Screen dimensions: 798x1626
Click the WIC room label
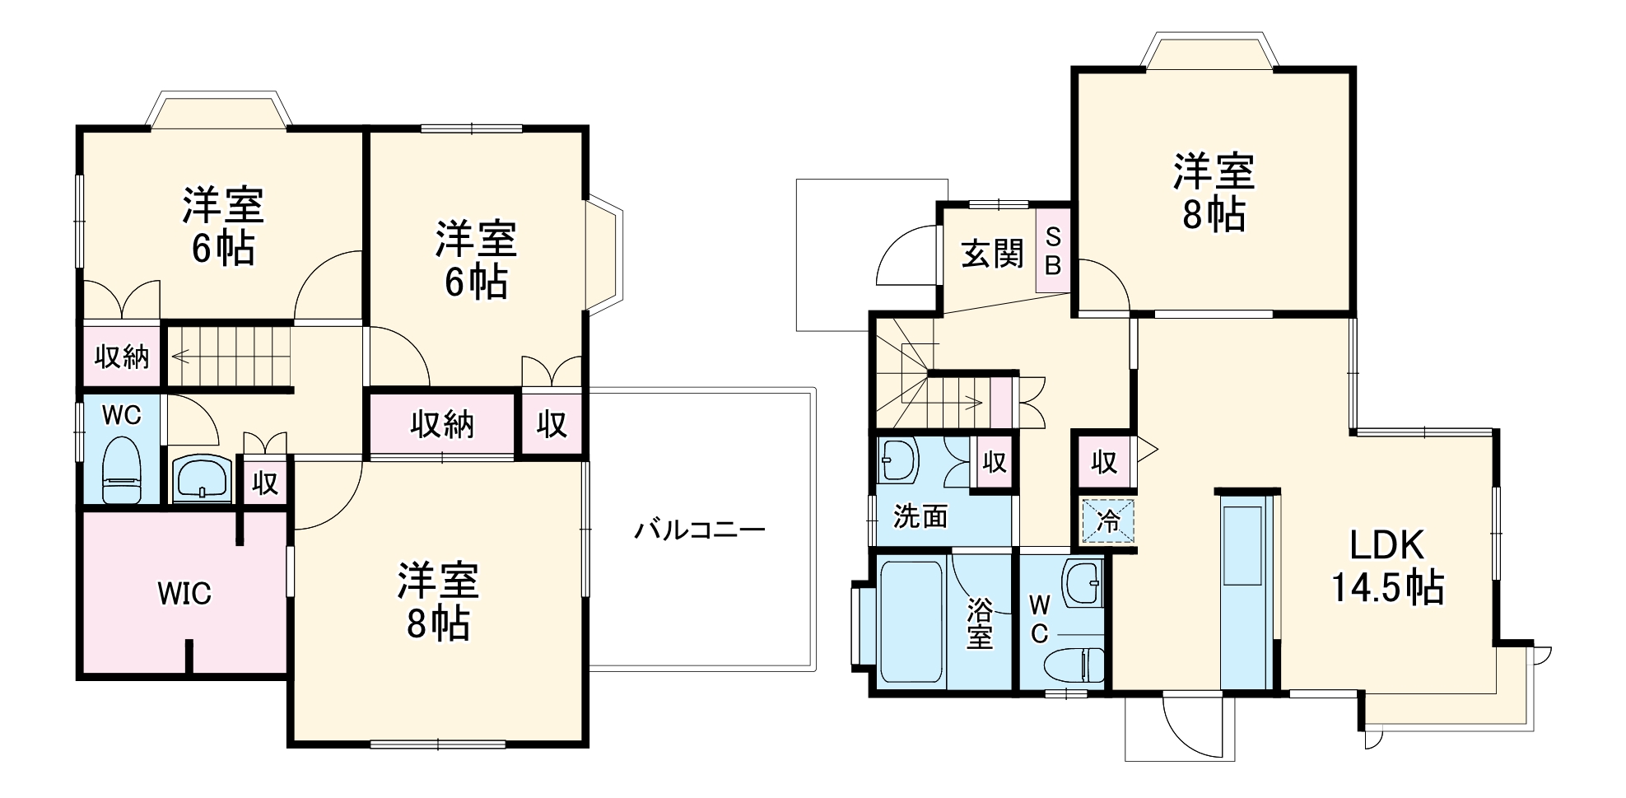[184, 593]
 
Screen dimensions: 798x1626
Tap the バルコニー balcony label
[699, 529]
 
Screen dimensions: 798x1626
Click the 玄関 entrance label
[994, 254]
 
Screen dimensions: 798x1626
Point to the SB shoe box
[1053, 251]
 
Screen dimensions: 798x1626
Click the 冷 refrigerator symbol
[1108, 521]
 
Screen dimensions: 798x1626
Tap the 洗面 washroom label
[920, 516]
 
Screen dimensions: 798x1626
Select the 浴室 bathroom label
[980, 623]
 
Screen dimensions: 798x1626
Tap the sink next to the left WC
[202, 479]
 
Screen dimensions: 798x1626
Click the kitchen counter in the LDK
[1244, 589]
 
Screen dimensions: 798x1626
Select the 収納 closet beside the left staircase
[121, 357]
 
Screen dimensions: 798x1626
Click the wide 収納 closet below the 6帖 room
[442, 425]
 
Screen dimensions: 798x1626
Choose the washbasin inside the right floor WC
[1083, 584]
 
